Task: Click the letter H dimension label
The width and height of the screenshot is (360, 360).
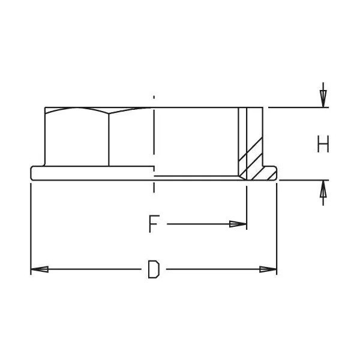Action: click(x=323, y=144)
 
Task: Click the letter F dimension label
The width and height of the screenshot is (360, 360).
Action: click(x=154, y=224)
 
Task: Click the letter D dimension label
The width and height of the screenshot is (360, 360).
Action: click(x=154, y=269)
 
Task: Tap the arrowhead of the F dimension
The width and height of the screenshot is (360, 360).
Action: click(x=239, y=224)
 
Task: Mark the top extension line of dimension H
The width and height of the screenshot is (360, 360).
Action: click(x=297, y=107)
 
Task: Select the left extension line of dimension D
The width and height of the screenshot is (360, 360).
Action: click(x=31, y=228)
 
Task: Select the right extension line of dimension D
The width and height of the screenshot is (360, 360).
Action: click(x=277, y=228)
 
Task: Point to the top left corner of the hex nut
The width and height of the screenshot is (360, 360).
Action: click(x=46, y=109)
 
